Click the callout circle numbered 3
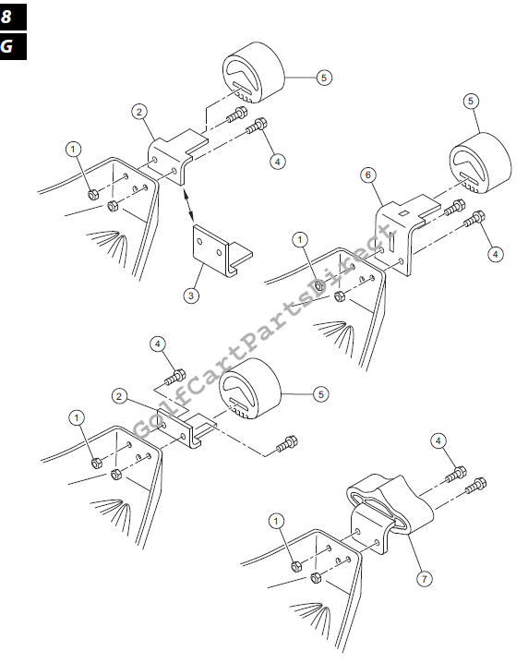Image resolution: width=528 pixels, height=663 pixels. pos(191,295)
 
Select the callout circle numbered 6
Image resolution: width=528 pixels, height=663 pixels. pos(368,175)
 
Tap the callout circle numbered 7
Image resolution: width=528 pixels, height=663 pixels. pos(425,578)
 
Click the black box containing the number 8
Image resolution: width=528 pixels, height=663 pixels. pos(12,17)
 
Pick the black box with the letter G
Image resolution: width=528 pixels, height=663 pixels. pos(12,46)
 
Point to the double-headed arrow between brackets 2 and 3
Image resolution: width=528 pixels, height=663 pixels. pos(188,206)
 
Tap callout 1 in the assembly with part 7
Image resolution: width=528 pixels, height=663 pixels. pos(277,521)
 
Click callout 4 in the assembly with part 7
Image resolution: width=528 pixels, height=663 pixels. pos(438,441)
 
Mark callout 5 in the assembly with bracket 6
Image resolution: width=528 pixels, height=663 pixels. pos(471,101)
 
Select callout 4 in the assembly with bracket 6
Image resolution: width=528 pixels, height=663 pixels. pos(495,254)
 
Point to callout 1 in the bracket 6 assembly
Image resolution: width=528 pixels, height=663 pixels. pos(300,240)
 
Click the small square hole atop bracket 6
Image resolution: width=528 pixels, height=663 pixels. pos(403,213)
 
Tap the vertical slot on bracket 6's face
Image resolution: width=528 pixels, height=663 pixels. pos(391,242)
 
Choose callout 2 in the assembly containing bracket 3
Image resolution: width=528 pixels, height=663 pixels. pos(139,112)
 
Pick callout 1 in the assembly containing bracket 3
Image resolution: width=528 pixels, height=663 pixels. pos(73,149)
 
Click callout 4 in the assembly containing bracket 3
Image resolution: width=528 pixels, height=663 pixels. pos(277,161)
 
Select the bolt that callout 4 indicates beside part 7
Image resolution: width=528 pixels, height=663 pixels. pos(456,475)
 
